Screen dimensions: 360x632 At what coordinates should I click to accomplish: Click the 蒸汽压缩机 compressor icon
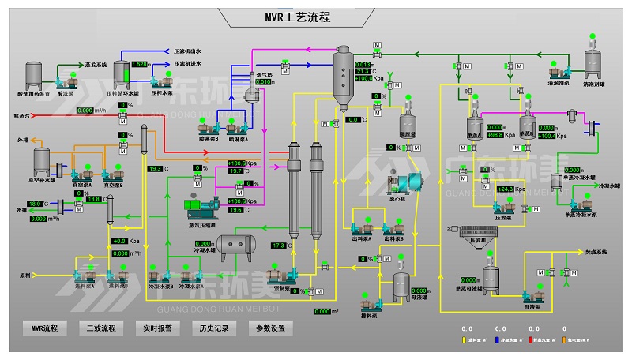coord(201,208)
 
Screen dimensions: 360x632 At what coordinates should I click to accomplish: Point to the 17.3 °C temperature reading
coord(278,246)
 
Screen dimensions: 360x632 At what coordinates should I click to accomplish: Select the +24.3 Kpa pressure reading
coord(505,189)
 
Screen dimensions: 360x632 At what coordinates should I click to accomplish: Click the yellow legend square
coord(464,340)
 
